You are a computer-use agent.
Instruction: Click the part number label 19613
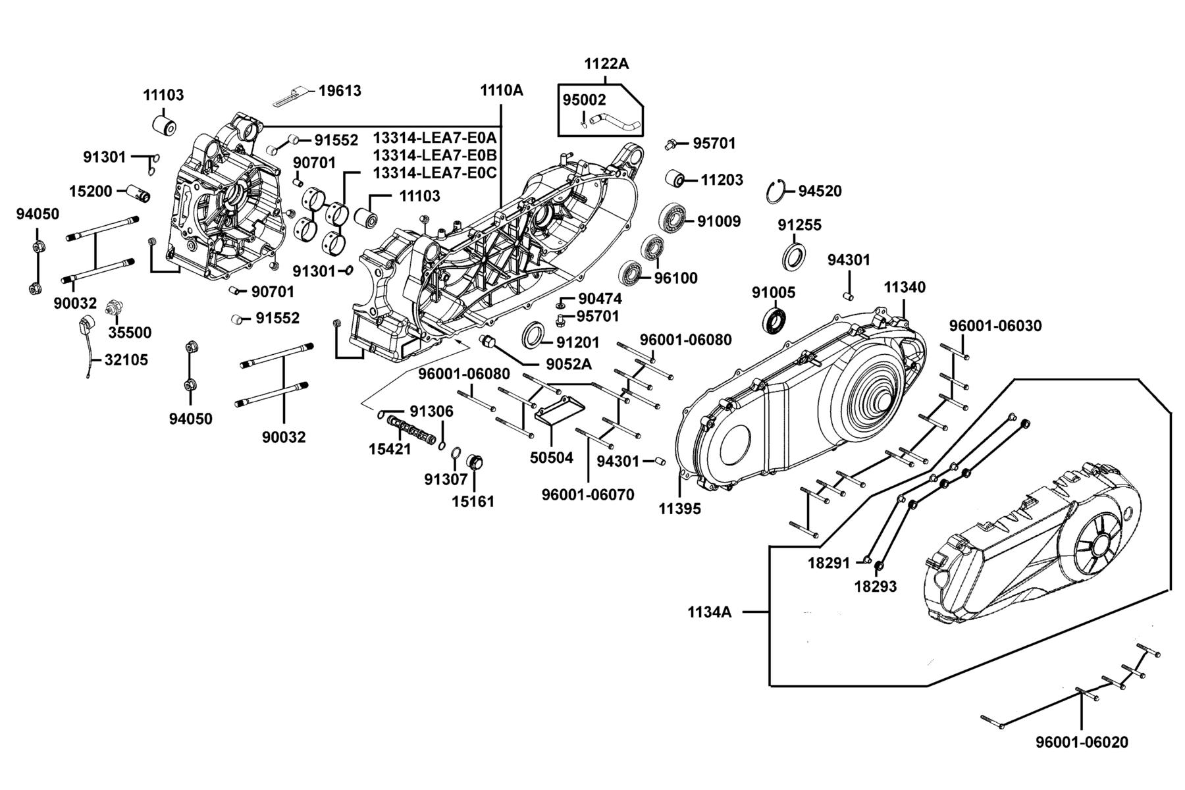(x=340, y=91)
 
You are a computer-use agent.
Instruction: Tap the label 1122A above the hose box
(x=606, y=64)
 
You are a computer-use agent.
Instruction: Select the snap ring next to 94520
(x=777, y=192)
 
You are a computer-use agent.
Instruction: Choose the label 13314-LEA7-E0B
(x=435, y=155)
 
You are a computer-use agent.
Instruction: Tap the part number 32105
(x=126, y=360)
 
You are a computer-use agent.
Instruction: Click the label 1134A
(x=710, y=612)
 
